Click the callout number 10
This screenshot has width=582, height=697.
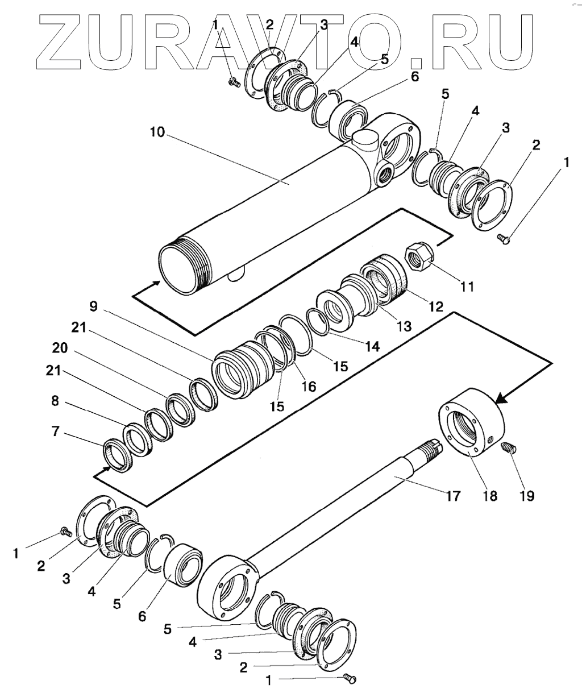tap(157, 132)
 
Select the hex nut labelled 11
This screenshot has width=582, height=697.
tap(420, 256)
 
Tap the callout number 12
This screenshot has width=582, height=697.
tap(436, 306)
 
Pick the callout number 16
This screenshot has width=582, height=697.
tap(309, 385)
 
